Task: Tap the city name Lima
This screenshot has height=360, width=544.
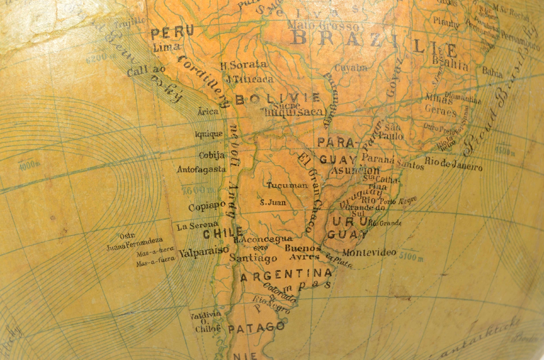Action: tap(166, 47)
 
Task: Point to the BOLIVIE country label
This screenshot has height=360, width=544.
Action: tap(278, 99)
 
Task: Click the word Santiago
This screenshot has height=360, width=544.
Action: tap(253, 258)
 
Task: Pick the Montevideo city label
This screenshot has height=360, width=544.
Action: tap(369, 252)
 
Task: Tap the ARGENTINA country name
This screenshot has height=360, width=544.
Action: tap(286, 274)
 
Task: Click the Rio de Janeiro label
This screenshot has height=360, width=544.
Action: tap(454, 164)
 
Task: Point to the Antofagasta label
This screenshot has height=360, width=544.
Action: tap(201, 170)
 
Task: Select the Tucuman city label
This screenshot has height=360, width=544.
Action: tap(287, 185)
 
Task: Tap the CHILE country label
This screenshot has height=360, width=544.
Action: tap(223, 233)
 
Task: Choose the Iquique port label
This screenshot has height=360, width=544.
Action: tap(209, 134)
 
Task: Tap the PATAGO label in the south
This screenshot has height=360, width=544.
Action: tap(256, 327)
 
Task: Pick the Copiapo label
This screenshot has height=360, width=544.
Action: tap(207, 206)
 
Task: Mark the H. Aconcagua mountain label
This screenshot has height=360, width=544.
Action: tap(263, 239)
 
